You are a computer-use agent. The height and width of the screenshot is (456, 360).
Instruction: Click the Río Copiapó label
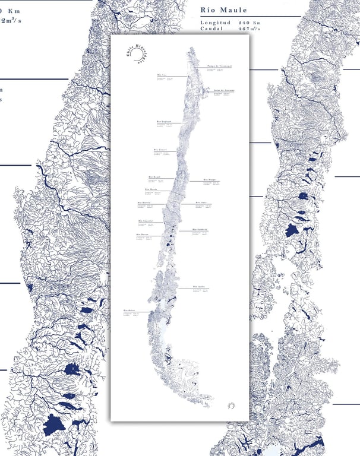(x=164, y=121)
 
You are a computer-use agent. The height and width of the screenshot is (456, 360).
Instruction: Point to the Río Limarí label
(x=160, y=150)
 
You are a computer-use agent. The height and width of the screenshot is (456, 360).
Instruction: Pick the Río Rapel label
(x=154, y=176)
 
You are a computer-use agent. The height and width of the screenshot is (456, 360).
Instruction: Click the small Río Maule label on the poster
(x=150, y=189)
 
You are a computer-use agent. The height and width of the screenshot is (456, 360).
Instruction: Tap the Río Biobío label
(x=144, y=203)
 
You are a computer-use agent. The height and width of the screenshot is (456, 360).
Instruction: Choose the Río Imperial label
(x=146, y=220)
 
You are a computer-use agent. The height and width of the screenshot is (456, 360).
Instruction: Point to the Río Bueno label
(x=142, y=235)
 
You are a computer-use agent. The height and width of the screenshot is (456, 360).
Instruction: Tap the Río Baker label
(x=130, y=310)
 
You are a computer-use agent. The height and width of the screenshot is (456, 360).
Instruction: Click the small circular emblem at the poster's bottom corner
(x=232, y=405)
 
